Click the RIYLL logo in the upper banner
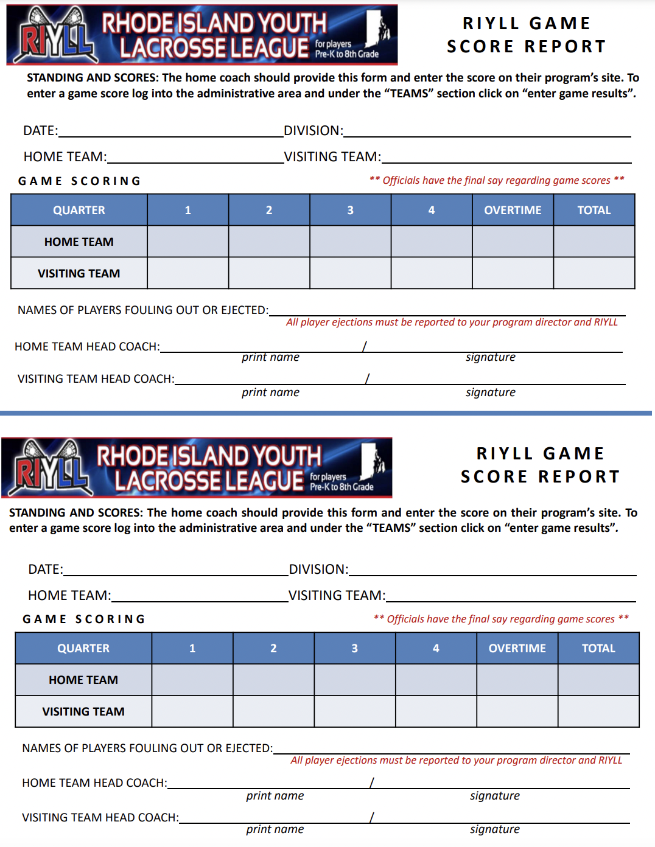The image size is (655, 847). point(55,37)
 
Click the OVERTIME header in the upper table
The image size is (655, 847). point(513,210)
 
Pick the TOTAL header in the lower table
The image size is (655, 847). point(598,648)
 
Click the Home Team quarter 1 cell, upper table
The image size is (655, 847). point(188,242)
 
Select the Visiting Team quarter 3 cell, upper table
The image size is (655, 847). point(350,273)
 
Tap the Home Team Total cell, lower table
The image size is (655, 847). point(598,680)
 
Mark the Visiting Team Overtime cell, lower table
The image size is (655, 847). point(517,711)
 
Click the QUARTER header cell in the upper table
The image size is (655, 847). point(79,210)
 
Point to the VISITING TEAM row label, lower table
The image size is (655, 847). point(83,711)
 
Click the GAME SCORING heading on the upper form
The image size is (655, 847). point(80,181)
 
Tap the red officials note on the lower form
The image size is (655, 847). point(501,619)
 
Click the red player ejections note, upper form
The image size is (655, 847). point(452,322)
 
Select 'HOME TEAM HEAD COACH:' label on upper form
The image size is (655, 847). point(87,347)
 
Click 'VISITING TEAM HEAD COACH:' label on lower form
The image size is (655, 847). point(100,818)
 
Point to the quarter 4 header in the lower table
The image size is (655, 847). point(436,648)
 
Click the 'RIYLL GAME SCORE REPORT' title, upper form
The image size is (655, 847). point(527,35)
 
